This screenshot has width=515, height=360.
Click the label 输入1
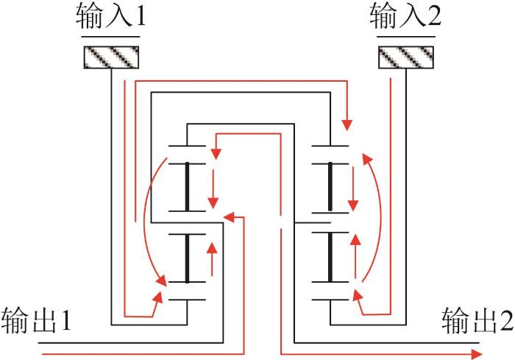tap(110, 15)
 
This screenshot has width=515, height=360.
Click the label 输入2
tap(405, 15)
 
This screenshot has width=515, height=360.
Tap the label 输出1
tap(36, 320)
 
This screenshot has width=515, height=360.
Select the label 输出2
tap(477, 320)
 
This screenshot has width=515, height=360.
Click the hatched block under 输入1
tap(111, 57)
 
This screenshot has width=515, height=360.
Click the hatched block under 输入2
tap(406, 57)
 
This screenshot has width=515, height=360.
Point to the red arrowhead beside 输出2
tap(477, 354)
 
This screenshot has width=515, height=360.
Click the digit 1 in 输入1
tap(141, 16)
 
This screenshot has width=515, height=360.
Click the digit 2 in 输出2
tap(506, 320)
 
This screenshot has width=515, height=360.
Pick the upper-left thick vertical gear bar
tap(187, 187)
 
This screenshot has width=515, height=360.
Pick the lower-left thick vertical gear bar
tap(187, 258)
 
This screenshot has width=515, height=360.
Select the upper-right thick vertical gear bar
tap(330, 187)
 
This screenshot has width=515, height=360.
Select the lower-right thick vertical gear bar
tap(330, 257)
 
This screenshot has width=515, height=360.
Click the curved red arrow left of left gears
tap(144, 220)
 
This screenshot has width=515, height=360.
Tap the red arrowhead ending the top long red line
tap(347, 125)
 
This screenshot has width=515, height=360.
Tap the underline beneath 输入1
tap(110, 37)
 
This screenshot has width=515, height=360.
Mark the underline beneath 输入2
tap(406, 37)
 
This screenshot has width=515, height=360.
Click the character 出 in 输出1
tap(45, 320)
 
